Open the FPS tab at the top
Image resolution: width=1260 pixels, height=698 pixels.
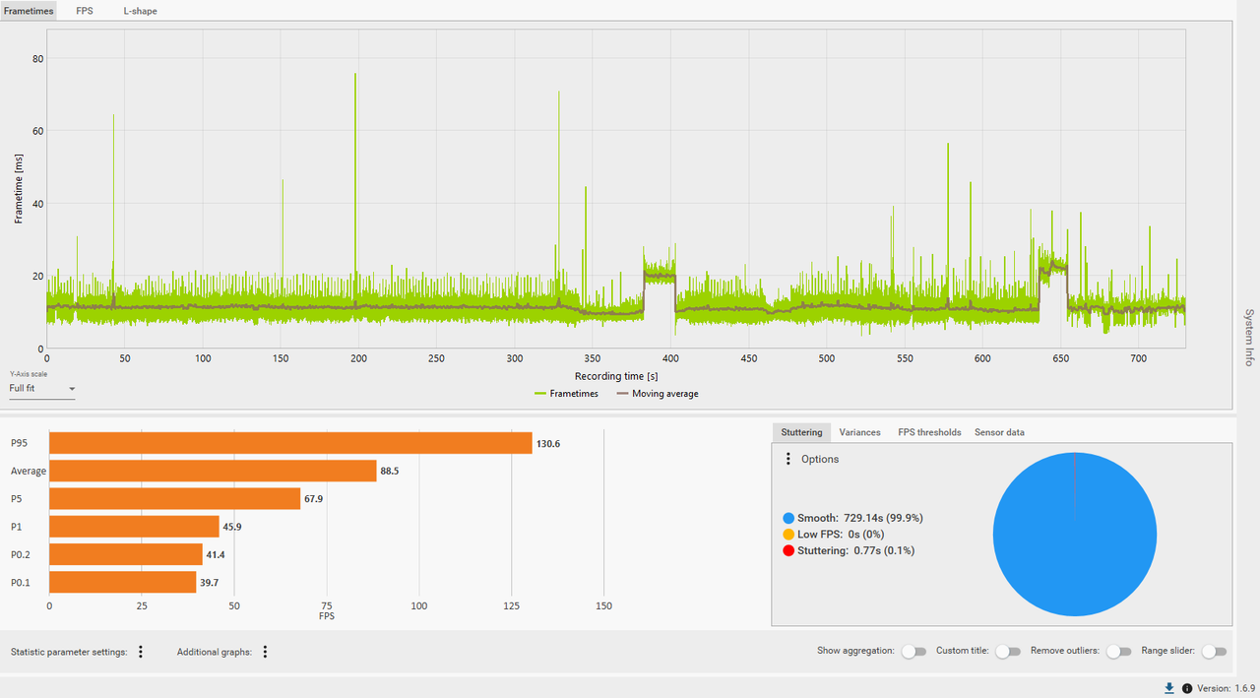[85, 11]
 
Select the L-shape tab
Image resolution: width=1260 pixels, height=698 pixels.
[140, 11]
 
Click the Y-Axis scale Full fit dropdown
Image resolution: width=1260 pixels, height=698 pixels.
[42, 389]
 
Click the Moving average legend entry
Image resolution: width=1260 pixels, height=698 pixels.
[658, 394]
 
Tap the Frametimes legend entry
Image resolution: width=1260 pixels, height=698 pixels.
[566, 394]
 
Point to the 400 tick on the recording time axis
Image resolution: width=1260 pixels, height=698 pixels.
[670, 358]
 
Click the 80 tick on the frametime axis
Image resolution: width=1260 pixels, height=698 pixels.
[37, 58]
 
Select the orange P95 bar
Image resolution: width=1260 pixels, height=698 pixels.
[290, 443]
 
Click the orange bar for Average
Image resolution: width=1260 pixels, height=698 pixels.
[213, 471]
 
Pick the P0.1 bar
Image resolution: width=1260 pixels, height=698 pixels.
[123, 582]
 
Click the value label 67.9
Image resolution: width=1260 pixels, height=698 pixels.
[313, 499]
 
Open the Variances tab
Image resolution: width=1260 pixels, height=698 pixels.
[859, 432]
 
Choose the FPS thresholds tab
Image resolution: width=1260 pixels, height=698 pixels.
[929, 432]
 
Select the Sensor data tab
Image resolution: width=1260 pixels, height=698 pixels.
[999, 432]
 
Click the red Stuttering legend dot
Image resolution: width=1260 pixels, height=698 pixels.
[788, 550]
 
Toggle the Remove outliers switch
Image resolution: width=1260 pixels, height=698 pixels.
[1119, 652]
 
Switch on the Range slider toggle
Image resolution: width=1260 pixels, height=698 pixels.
[1214, 652]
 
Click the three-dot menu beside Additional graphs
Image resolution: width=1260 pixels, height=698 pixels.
[265, 652]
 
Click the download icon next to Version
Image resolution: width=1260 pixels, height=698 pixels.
[1168, 688]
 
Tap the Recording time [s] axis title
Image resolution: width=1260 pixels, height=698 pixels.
[616, 376]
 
